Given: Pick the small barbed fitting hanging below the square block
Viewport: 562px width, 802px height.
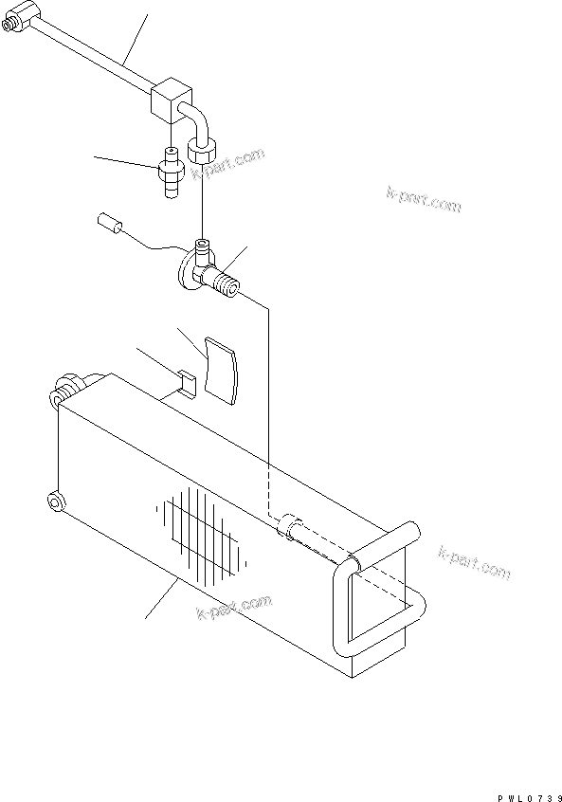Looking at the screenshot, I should (171, 174).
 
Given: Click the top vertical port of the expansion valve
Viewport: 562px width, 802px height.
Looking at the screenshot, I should (203, 251).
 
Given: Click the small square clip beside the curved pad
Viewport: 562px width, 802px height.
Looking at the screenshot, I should (187, 383).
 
